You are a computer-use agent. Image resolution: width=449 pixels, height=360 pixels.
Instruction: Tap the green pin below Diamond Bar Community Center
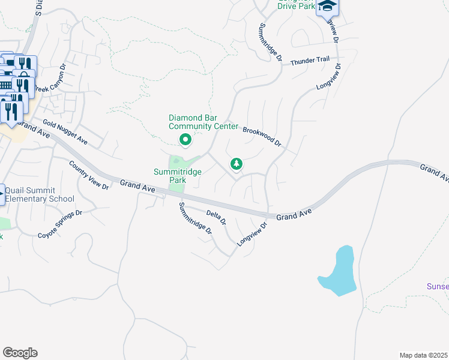[x=185, y=140]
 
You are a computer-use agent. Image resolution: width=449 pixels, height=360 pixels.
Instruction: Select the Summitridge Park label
[x=178, y=175]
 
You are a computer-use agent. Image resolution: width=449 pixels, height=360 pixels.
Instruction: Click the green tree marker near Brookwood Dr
[x=237, y=164]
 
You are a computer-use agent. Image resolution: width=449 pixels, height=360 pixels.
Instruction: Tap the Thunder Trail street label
[x=310, y=61]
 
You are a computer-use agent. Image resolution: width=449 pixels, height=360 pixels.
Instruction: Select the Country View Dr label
[x=88, y=175]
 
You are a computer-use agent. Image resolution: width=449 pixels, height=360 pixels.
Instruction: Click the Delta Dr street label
[x=216, y=217]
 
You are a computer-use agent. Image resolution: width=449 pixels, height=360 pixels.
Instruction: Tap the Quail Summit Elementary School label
[x=40, y=194]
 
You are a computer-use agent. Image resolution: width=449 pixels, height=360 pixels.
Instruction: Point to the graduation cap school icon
[x=328, y=7]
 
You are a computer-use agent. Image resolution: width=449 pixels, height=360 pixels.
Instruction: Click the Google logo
[x=20, y=352]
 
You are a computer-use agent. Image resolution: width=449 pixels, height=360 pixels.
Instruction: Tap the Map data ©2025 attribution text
[x=424, y=355]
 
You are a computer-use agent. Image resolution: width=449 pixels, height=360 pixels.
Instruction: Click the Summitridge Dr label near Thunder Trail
[x=270, y=43]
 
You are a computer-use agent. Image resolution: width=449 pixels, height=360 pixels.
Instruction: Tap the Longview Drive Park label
[x=297, y=5]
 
